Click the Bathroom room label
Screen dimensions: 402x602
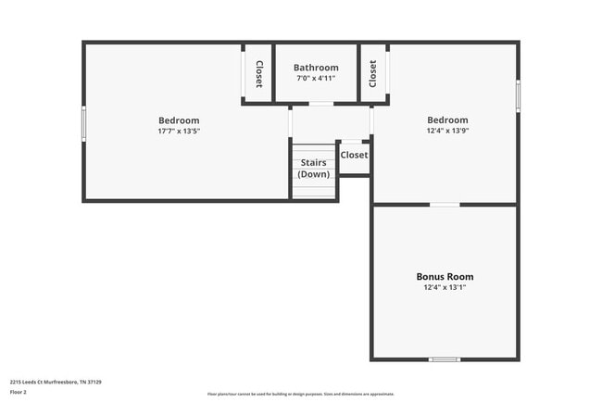coord(316,68)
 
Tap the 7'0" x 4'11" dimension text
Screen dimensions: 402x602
coord(316,79)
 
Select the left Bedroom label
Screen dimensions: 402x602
coord(179,120)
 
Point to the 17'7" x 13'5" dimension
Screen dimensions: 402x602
coord(179,132)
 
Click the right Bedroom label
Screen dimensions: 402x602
coord(447,119)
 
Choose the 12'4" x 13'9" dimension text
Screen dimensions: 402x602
coord(447,131)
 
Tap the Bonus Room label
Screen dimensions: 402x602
coord(445,276)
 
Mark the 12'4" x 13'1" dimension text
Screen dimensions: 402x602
coord(445,287)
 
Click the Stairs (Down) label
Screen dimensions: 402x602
coord(313,169)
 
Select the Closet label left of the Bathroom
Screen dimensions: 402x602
coord(258,74)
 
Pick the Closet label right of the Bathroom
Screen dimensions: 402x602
coord(373,73)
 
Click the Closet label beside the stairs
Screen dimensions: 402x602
coord(354,155)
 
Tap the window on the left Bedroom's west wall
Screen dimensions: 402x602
coord(84,123)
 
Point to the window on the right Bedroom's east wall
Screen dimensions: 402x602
coord(518,95)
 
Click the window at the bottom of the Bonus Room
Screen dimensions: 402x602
coord(444,358)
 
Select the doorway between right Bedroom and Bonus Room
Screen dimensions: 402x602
coord(445,204)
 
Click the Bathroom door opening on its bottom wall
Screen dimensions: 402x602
coord(320,104)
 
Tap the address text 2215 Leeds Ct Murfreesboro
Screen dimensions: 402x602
coord(56,382)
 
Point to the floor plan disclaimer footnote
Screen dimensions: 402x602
coord(301,394)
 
